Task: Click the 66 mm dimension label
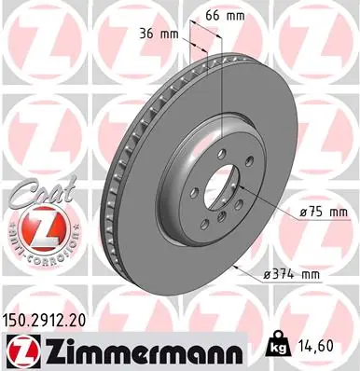pyautogui.click(x=225, y=16)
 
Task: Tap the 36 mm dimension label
pyautogui.click(x=159, y=34)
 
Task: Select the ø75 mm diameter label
pyautogui.click(x=324, y=213)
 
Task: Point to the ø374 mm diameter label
pyautogui.click(x=291, y=274)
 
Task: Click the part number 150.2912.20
pyautogui.click(x=44, y=321)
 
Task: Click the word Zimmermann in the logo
pyautogui.click(x=142, y=350)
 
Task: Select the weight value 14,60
pyautogui.click(x=313, y=346)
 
